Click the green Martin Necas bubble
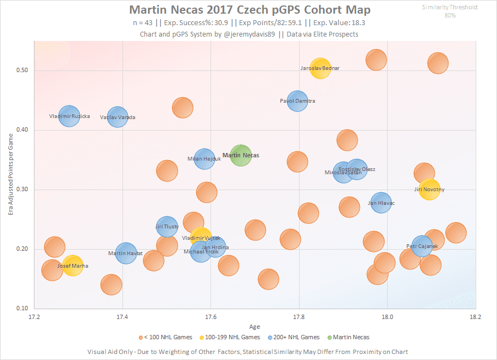(241, 156)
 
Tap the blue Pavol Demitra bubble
(298, 101)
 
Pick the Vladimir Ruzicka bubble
(69, 116)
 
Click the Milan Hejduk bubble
(204, 159)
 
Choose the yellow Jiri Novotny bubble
(430, 190)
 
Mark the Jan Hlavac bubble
(382, 203)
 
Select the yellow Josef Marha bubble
(73, 266)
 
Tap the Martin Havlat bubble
(126, 253)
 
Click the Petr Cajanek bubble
(422, 246)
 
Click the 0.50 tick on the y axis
(25, 70)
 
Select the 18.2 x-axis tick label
(475, 316)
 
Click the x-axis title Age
(255, 326)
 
